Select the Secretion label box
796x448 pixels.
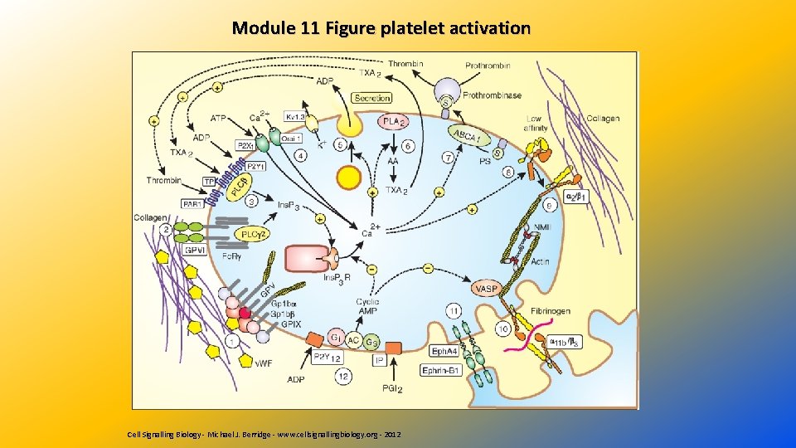click(x=372, y=98)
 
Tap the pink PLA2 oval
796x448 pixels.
click(x=395, y=121)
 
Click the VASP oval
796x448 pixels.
click(x=487, y=288)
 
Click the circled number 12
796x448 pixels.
click(x=343, y=375)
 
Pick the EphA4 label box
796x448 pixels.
click(x=444, y=352)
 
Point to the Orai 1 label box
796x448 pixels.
click(x=291, y=139)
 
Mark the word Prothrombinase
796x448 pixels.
click(x=493, y=95)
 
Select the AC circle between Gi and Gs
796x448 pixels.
click(x=354, y=339)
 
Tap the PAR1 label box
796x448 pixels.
click(x=192, y=203)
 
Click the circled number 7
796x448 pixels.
click(x=449, y=157)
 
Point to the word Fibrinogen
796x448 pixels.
click(x=551, y=311)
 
